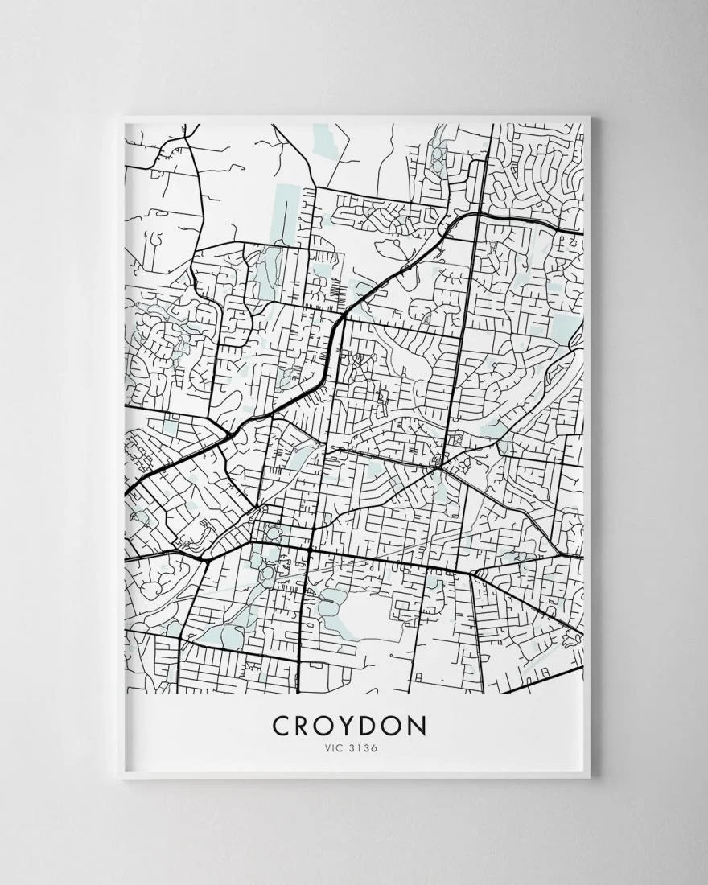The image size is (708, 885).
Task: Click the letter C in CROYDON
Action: pyautogui.click(x=283, y=726)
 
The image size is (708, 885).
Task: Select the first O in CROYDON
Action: pyautogui.click(x=331, y=726)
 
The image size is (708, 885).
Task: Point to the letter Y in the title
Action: pyautogui.click(x=356, y=726)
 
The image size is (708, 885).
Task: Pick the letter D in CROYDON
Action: pyautogui.click(x=377, y=726)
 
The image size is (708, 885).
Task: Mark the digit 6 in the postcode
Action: pyautogui.click(x=375, y=748)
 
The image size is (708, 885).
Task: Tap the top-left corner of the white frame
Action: pyautogui.click(x=122, y=118)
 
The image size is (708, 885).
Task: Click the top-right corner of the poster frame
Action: pyautogui.click(x=588, y=118)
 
